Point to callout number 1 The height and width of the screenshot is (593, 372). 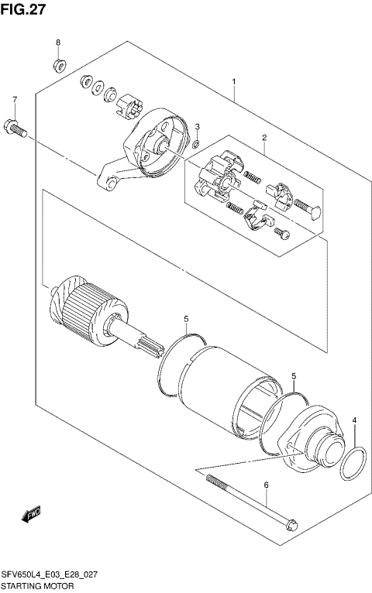pyautogui.click(x=233, y=81)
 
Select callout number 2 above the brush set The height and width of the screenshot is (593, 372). pyautogui.click(x=263, y=139)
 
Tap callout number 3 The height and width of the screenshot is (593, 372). pyautogui.click(x=197, y=127)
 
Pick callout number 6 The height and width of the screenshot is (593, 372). pyautogui.click(x=265, y=485)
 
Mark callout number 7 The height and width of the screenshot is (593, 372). pyautogui.click(x=14, y=101)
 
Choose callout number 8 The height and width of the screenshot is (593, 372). pyautogui.click(x=57, y=42)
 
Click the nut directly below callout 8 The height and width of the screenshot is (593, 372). pyautogui.click(x=58, y=61)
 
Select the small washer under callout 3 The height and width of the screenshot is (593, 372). pyautogui.click(x=197, y=143)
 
